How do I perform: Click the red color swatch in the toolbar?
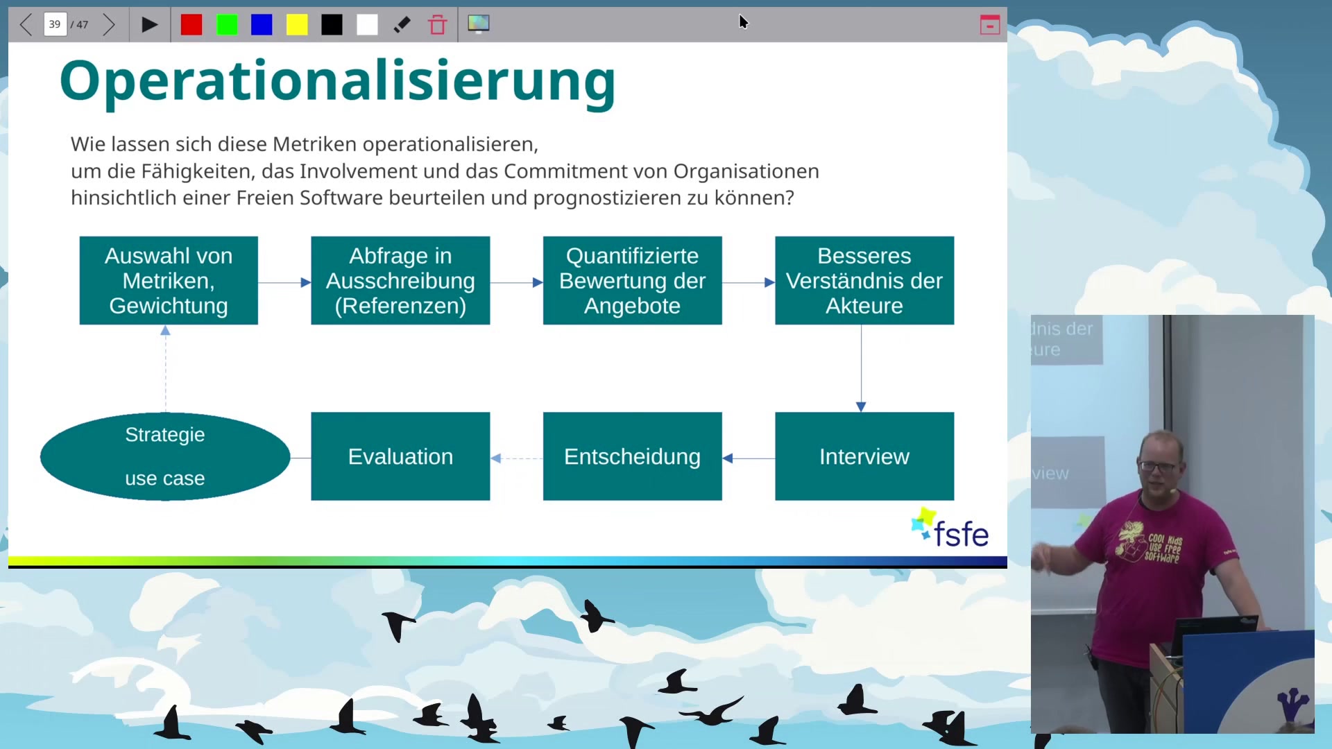[x=191, y=25]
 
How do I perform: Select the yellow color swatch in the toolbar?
[x=297, y=25]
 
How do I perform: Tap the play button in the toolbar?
[x=149, y=25]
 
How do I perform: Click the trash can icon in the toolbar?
[x=437, y=25]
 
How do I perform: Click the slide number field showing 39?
[x=55, y=25]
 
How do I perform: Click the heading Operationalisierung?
[x=337, y=82]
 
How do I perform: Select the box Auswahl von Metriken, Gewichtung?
[x=169, y=280]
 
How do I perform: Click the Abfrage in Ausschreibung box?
[x=400, y=280]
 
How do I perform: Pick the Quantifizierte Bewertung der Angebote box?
[x=632, y=280]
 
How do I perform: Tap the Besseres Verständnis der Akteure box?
[x=864, y=280]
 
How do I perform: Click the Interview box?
[x=864, y=456]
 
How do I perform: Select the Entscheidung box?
[x=632, y=456]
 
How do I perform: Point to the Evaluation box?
[x=400, y=456]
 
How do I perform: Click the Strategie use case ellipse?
[x=165, y=456]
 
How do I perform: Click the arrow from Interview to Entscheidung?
[x=749, y=458]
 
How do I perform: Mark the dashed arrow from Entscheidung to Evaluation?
[x=516, y=458]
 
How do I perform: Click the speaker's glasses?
[x=1158, y=466]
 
